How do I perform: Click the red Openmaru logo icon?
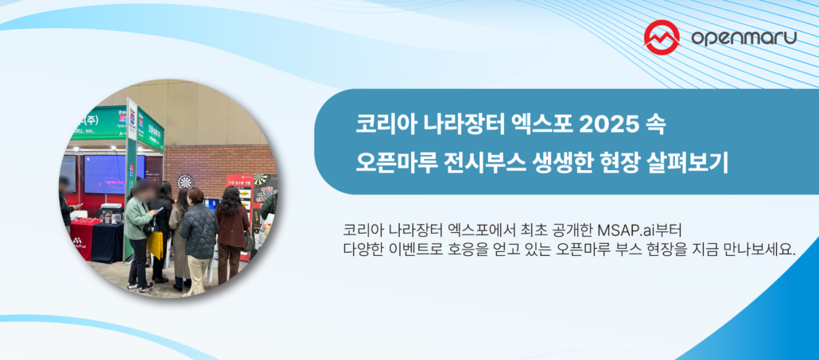[662, 37]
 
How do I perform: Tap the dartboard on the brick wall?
[185, 181]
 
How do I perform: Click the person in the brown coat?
[231, 226]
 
